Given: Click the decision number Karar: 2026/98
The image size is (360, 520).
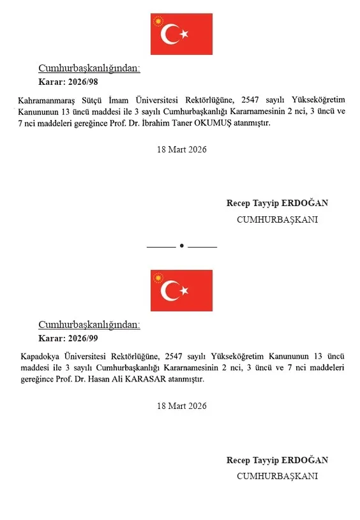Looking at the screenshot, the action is [x=68, y=81].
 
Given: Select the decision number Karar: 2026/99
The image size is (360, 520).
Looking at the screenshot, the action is [x=68, y=338].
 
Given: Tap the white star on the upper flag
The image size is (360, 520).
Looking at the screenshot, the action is [x=184, y=34].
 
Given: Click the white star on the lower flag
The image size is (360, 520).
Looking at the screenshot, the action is [x=184, y=290].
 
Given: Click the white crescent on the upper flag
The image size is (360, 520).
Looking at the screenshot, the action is [x=169, y=34].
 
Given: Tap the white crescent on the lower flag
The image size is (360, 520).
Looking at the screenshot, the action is [x=169, y=291].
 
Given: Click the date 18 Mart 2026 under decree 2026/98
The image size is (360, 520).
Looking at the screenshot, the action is [x=181, y=149].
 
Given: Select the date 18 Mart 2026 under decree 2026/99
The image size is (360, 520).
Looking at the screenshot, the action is [x=181, y=406].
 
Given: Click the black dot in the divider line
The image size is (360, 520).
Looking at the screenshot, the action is [x=182, y=246].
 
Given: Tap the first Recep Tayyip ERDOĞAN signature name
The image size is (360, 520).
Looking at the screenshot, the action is [x=277, y=203].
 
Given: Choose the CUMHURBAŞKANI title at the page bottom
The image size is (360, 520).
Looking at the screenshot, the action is [x=277, y=476].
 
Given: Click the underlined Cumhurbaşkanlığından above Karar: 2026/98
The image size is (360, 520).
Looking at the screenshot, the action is [x=89, y=68].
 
